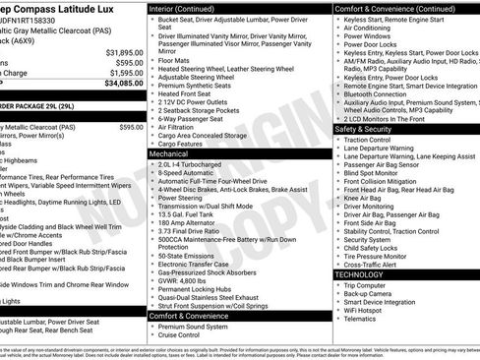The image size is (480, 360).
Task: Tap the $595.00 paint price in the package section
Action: (x=131, y=127)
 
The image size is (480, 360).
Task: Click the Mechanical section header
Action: (x=169, y=154)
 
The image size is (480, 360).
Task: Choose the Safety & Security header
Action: (x=369, y=129)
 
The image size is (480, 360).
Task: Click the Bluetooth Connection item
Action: (x=379, y=93)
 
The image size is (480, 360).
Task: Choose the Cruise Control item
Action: (x=180, y=335)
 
